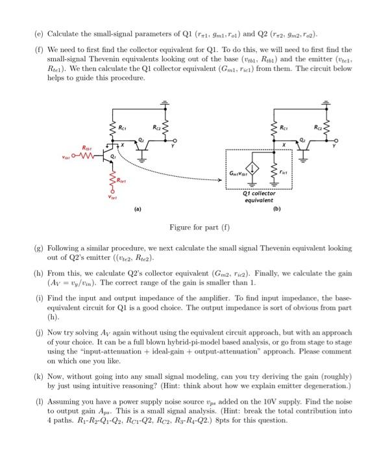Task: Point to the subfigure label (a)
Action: click(138, 210)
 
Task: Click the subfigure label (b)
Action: click(277, 209)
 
